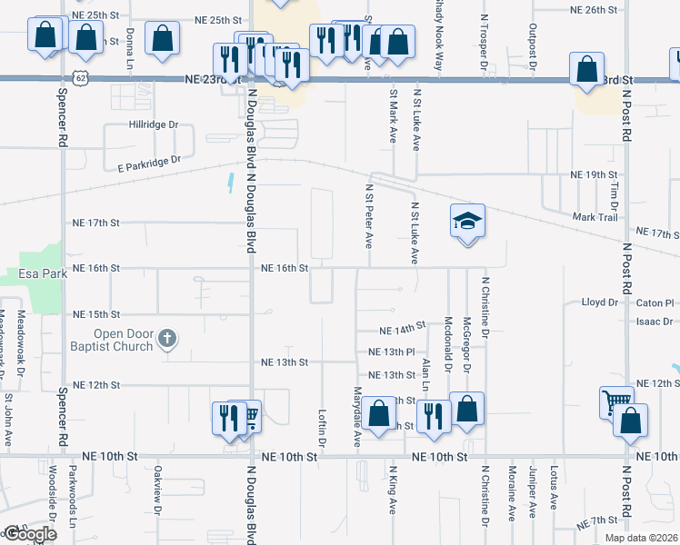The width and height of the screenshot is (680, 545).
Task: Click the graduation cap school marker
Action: (x=467, y=222)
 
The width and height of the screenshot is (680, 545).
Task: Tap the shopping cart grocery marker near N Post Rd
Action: (x=615, y=401)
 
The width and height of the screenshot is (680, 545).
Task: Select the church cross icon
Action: (x=165, y=339)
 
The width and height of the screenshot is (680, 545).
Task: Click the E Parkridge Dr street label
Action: (x=149, y=162)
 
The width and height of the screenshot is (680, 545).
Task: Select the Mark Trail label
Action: (x=595, y=217)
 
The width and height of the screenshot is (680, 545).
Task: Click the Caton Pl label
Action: (x=655, y=302)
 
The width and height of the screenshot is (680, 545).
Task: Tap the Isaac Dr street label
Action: (x=655, y=321)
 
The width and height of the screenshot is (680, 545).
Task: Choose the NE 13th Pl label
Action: (x=392, y=352)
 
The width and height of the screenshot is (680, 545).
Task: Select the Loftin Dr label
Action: (x=323, y=425)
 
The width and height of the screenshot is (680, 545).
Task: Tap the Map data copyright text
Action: (x=640, y=538)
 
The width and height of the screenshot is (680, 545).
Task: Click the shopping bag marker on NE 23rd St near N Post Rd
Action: (x=587, y=69)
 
